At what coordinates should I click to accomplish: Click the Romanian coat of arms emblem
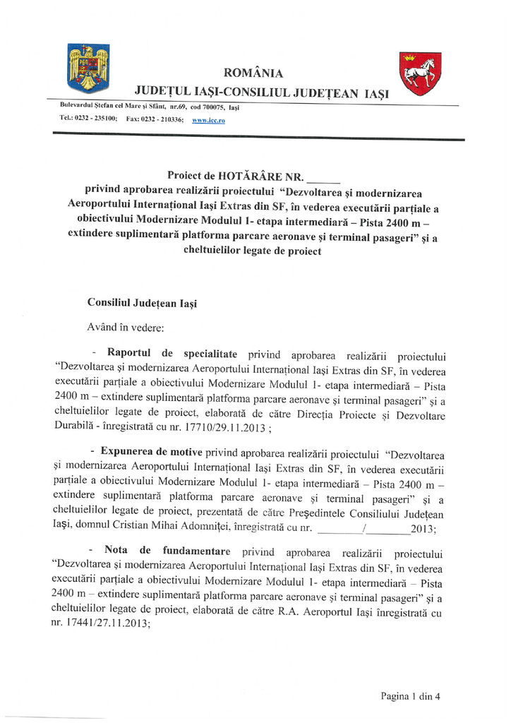[88, 68]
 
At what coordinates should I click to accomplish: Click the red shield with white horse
[420, 73]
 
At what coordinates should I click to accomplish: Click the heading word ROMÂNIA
[253, 73]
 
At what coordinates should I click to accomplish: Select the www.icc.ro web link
[208, 121]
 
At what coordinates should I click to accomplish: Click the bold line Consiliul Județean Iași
[142, 303]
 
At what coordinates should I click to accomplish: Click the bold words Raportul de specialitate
[172, 354]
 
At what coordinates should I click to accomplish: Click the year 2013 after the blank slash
[422, 528]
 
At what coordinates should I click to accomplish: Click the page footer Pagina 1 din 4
[410, 696]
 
